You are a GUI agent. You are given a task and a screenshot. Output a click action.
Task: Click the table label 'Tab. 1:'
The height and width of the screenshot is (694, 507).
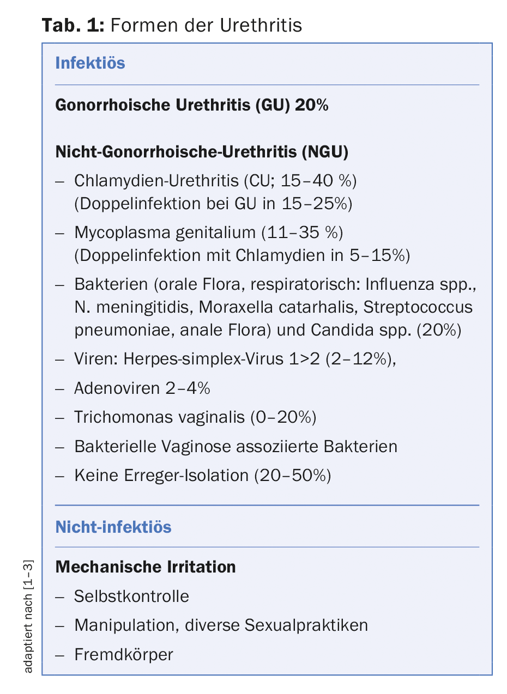pyautogui.click(x=73, y=25)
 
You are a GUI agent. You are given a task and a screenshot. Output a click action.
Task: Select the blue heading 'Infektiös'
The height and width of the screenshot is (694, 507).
pyautogui.click(x=90, y=63)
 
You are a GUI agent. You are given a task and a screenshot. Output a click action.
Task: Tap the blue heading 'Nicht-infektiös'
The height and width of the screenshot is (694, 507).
pyautogui.click(x=113, y=527)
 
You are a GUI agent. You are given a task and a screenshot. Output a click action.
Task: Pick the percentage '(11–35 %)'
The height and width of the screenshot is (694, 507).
pyautogui.click(x=302, y=233)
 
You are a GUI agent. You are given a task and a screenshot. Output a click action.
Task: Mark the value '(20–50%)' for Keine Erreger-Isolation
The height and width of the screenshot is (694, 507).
pyautogui.click(x=292, y=476)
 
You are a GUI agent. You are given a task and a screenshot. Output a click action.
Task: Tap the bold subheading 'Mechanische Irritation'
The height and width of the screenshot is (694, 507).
pyautogui.click(x=146, y=567)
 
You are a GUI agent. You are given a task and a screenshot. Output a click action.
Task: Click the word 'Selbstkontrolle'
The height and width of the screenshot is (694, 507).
pyautogui.click(x=131, y=596)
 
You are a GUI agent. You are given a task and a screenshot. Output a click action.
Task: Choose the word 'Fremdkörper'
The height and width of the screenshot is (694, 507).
pyautogui.click(x=123, y=654)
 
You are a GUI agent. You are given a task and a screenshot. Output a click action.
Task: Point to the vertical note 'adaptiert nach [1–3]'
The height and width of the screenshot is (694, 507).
pyautogui.click(x=29, y=616)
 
